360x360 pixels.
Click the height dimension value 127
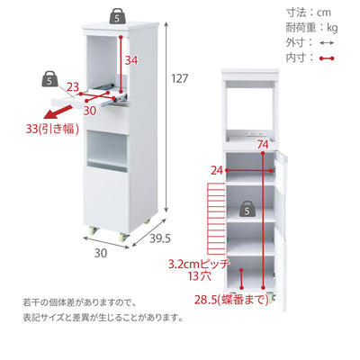[180, 78]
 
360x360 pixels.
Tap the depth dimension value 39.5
[160, 238]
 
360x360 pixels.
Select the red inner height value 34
[131, 60]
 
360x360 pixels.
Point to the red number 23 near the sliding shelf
[73, 87]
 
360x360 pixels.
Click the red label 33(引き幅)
[52, 130]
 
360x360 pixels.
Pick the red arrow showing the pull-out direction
[57, 113]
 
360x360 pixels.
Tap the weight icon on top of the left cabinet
[117, 17]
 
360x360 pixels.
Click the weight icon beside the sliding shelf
[49, 79]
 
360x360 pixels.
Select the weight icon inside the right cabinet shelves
[247, 210]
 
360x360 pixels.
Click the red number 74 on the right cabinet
[263, 145]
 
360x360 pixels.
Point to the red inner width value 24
[217, 171]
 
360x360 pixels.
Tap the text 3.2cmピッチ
[199, 264]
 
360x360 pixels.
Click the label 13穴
[200, 276]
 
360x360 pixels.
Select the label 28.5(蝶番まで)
[231, 300]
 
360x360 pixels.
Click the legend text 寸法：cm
[308, 13]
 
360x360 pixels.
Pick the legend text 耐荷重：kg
[311, 28]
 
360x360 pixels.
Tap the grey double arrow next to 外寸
[327, 43]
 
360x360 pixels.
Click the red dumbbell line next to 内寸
[327, 58]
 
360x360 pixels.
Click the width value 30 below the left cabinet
[101, 254]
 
